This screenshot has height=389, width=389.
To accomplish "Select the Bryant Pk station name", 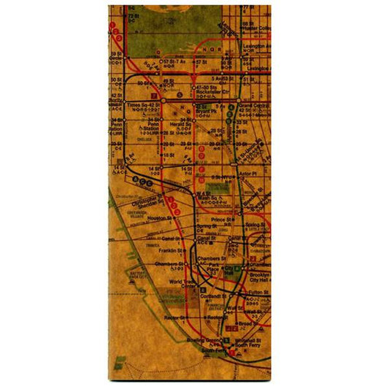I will click(205, 111).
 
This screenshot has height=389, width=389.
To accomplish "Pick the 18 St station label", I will click(169, 155).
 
